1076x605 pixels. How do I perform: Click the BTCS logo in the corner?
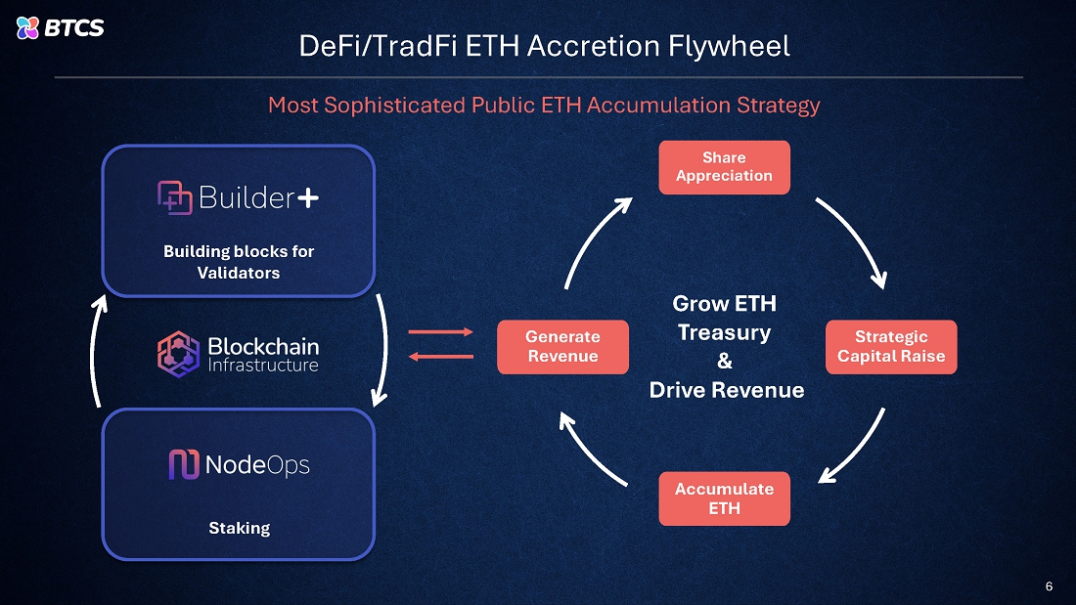(61, 27)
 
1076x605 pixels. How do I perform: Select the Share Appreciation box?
(724, 167)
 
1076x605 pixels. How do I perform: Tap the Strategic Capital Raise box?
(891, 347)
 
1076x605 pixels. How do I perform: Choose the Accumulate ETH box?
(724, 498)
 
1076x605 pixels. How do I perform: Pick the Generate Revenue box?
(562, 347)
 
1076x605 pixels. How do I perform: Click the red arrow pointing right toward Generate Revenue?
(439, 332)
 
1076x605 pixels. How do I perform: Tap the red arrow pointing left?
(439, 356)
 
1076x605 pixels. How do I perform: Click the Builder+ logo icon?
(174, 197)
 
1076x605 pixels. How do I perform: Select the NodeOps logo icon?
(184, 464)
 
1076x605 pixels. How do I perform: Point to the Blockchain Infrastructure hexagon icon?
(178, 353)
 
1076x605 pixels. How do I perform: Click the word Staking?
(239, 528)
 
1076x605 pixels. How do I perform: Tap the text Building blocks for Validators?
(239, 262)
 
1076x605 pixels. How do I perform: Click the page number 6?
(1049, 586)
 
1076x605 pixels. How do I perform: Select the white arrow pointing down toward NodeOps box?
(384, 352)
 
